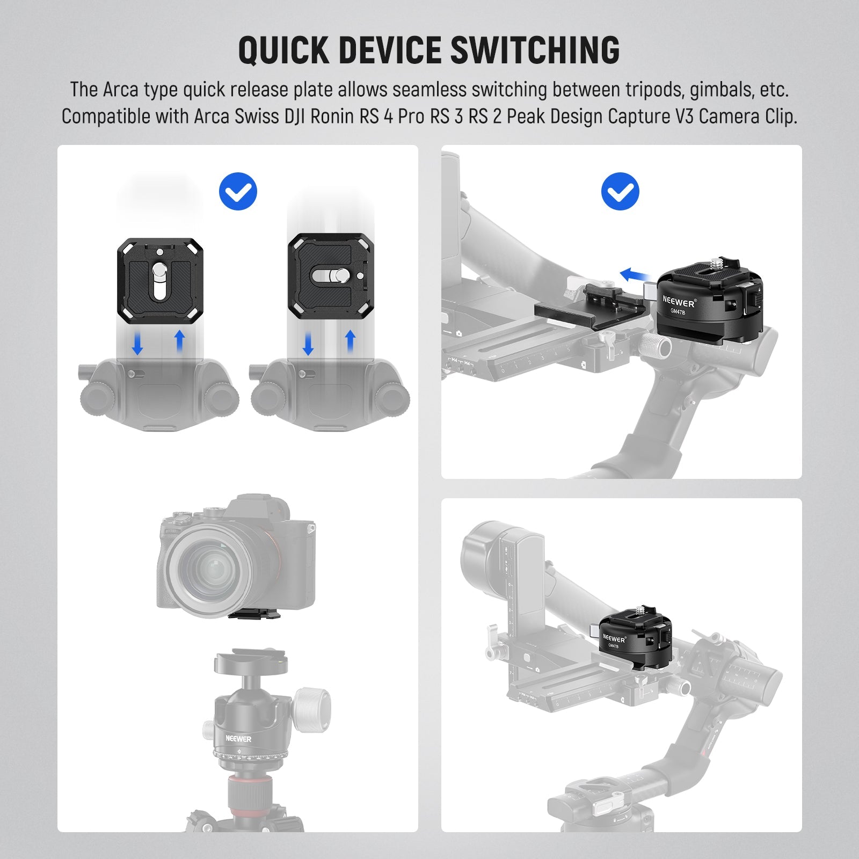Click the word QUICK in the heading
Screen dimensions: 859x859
point(283,50)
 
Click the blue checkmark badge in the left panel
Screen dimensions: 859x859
point(238,191)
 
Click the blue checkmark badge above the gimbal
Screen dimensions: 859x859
point(620,191)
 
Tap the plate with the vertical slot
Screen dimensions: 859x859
point(160,281)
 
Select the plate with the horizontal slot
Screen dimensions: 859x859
point(331,276)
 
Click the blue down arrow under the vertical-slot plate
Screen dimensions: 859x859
point(137,344)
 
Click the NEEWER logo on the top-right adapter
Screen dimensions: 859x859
point(679,301)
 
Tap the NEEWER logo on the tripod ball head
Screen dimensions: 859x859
point(238,739)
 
